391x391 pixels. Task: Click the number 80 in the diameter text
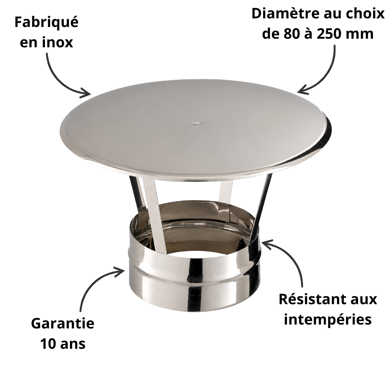pos(291,34)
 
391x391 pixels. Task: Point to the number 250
pos(329,34)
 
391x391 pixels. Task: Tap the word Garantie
pos(63,323)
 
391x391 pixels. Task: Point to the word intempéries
pos(328,320)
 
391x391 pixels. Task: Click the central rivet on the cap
pos(197,123)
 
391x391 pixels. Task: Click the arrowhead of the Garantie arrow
pos(120,271)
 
